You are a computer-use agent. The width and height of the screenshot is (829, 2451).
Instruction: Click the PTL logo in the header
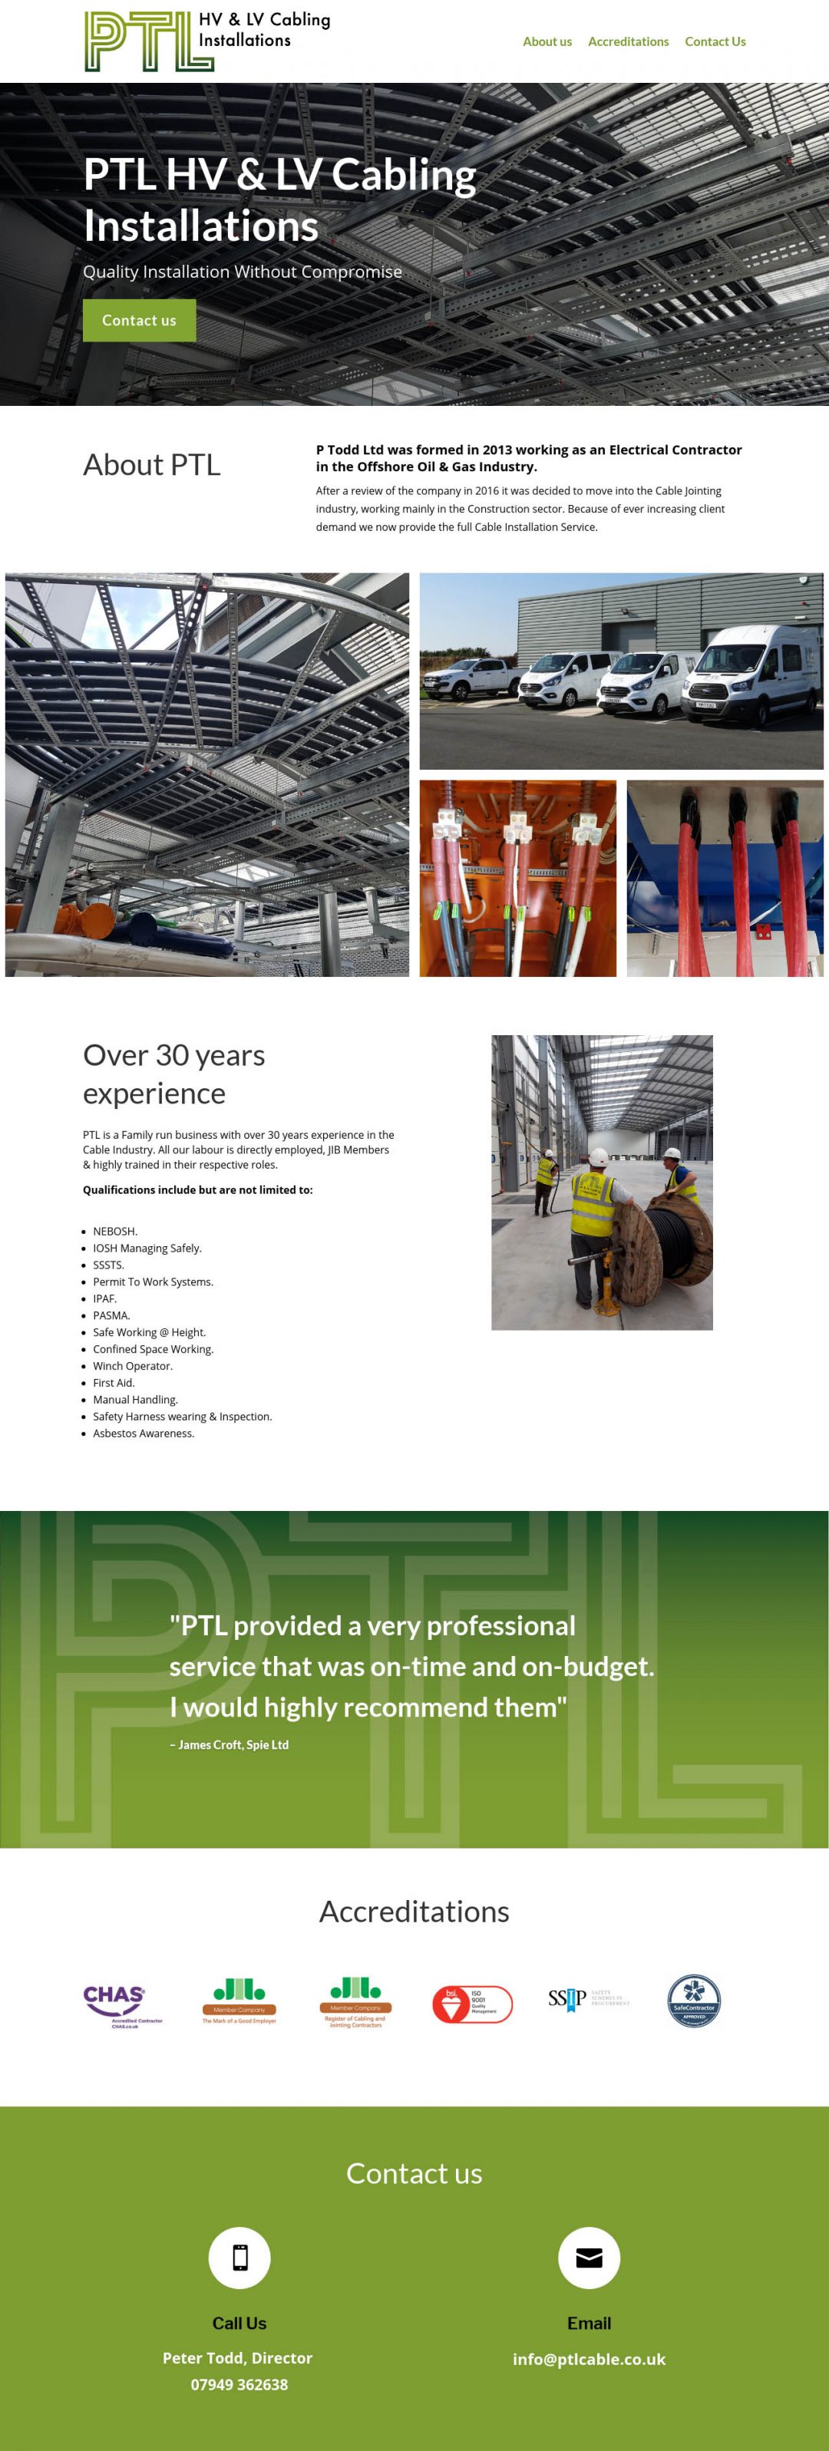[x=206, y=41]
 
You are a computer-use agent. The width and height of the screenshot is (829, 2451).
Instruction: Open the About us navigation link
[x=547, y=42]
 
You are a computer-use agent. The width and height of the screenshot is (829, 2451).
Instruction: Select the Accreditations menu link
[x=628, y=42]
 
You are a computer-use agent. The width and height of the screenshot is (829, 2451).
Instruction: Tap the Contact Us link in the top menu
[x=715, y=42]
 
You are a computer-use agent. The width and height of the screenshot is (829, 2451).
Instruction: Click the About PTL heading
[x=152, y=464]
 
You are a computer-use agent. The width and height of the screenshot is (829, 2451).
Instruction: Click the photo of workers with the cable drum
[x=602, y=1182]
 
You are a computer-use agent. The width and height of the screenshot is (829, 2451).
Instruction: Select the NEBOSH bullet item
[x=115, y=1231]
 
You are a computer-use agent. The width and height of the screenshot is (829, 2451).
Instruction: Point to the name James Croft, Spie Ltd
[x=230, y=1745]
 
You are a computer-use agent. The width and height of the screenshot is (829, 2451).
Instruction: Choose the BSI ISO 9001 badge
[x=472, y=2004]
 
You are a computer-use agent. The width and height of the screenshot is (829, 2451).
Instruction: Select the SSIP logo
[x=587, y=2000]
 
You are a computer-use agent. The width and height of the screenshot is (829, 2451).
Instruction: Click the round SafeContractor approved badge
[x=694, y=2001]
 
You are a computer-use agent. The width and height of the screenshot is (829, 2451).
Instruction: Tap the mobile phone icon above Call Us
[x=239, y=2258]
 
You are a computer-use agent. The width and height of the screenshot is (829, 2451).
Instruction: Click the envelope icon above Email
[x=590, y=2258]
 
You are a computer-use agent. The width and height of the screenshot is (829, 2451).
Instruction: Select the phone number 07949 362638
[x=239, y=2384]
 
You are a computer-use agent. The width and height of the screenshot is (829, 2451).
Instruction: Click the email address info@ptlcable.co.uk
[x=590, y=2359]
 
